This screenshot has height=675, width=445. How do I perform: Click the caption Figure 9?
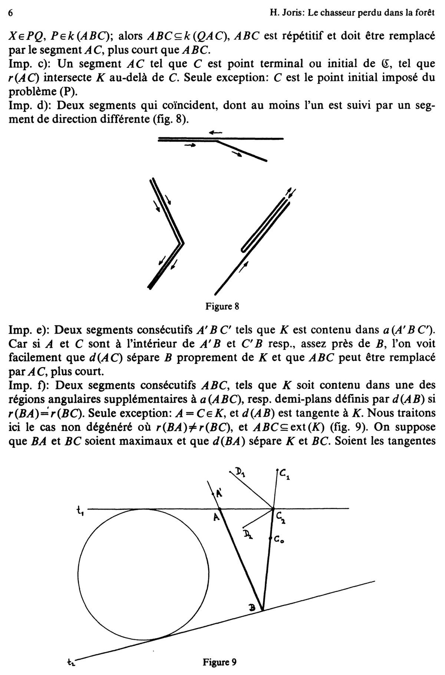pyautogui.click(x=219, y=662)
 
